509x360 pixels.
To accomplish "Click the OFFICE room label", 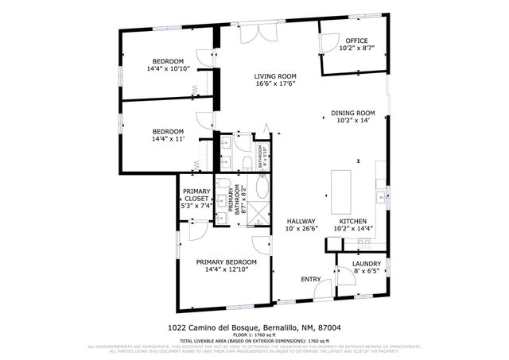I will (356, 41).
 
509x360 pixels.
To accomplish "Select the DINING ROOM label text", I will (352, 113).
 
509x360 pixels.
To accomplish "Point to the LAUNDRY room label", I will (367, 264).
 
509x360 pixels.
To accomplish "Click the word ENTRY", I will (310, 279).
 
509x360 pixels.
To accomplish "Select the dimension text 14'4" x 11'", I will (168, 139).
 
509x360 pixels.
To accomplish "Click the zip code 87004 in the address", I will (328, 327).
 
